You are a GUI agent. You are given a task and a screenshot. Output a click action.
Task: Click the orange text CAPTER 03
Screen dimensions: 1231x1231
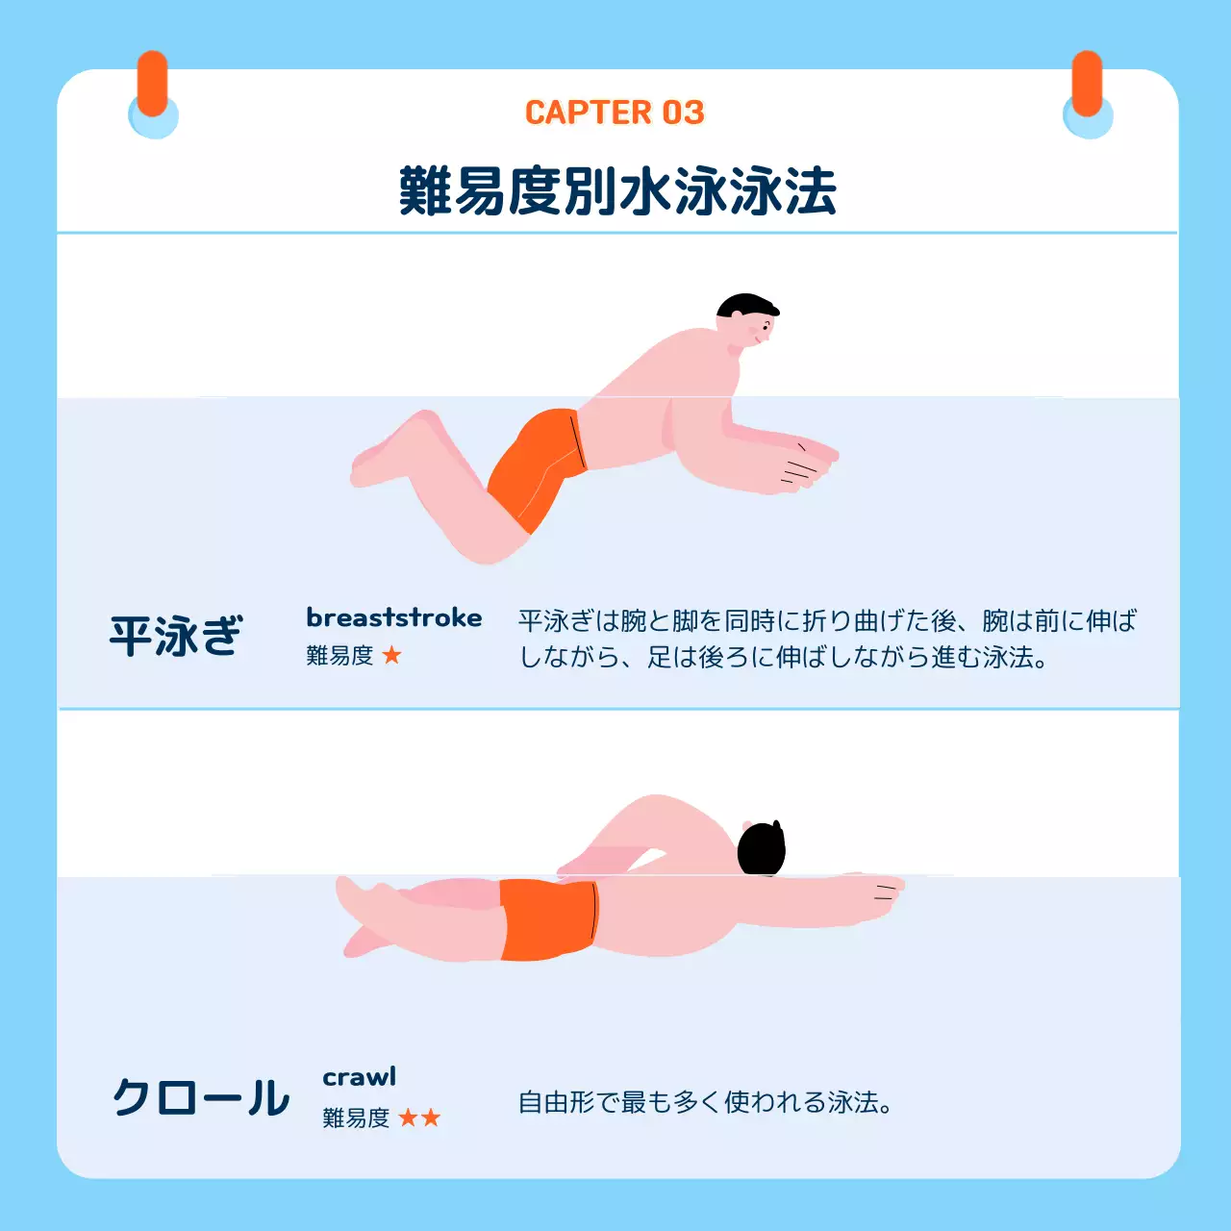(x=615, y=113)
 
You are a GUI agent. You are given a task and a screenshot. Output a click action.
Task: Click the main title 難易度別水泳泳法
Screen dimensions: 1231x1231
(x=616, y=190)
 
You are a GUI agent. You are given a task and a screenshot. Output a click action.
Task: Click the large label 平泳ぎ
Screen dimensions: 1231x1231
(x=176, y=637)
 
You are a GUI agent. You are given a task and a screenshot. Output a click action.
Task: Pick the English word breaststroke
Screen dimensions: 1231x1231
(x=393, y=617)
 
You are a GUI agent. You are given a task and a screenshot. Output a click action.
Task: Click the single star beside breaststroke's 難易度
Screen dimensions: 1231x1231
(x=391, y=656)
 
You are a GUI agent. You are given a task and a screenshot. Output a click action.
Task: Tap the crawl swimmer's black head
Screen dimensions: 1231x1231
(x=761, y=849)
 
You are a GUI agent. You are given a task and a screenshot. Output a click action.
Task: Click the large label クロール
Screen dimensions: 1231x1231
(x=200, y=1097)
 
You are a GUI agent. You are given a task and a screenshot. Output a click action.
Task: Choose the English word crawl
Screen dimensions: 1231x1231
(x=359, y=1077)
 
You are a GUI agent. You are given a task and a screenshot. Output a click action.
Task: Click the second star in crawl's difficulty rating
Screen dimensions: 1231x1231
(x=431, y=1118)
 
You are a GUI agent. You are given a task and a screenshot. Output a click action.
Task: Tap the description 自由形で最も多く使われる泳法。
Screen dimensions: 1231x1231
(x=705, y=1102)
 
